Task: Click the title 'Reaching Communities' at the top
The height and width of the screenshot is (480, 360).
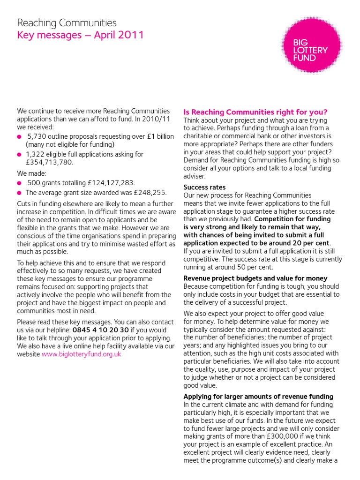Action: click(x=67, y=22)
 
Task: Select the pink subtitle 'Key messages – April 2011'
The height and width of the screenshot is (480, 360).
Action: click(x=80, y=35)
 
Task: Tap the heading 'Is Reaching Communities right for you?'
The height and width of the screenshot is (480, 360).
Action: click(x=255, y=112)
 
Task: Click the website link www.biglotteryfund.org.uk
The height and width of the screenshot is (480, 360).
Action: click(x=81, y=354)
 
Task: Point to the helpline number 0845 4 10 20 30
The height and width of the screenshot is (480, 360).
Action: click(x=100, y=330)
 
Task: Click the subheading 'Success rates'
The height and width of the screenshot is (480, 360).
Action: click(x=204, y=187)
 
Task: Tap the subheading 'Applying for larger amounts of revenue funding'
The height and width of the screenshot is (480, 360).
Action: click(x=258, y=397)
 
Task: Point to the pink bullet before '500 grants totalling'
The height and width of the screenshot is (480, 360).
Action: click(x=19, y=183)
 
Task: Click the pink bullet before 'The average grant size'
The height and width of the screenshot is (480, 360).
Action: click(x=19, y=193)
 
